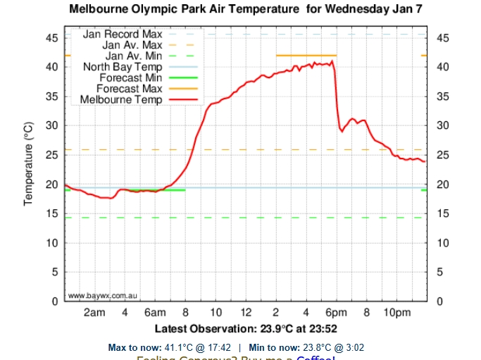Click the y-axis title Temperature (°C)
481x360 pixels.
tap(29, 163)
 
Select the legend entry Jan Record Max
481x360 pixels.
tap(123, 34)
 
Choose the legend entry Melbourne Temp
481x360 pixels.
tap(121, 100)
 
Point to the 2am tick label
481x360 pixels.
tap(94, 312)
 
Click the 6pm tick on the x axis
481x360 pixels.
tap(336, 312)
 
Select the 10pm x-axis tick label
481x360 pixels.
tap(396, 312)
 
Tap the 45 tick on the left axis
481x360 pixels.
tap(52, 38)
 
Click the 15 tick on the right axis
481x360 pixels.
tap(442, 214)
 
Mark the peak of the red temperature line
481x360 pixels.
tap(332, 61)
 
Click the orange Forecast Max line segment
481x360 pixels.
tap(306, 55)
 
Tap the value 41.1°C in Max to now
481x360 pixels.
tap(177, 347)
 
